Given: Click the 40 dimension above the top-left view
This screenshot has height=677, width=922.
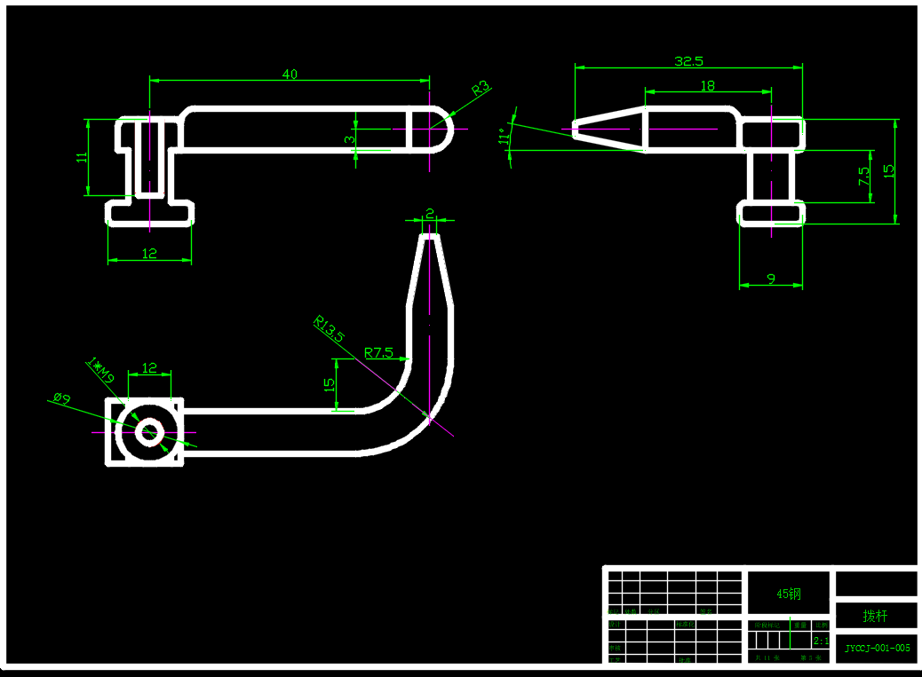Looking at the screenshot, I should (290, 75).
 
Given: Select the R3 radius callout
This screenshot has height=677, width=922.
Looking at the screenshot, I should (481, 88).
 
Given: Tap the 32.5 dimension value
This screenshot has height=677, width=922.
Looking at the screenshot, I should (688, 61).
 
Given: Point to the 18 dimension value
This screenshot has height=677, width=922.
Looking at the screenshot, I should (708, 86).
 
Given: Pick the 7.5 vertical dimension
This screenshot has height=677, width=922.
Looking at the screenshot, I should (863, 176).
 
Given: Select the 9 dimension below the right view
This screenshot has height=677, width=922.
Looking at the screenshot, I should (770, 279).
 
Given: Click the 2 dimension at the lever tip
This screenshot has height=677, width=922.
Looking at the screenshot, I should (430, 213).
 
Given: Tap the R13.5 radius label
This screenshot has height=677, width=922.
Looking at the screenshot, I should (329, 328).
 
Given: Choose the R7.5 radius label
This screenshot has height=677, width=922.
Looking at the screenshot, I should (378, 352).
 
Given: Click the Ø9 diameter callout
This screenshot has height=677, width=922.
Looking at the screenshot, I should (61, 399).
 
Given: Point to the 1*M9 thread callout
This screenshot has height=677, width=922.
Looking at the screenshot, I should (101, 371).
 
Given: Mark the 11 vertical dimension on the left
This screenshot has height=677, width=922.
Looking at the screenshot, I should (82, 157).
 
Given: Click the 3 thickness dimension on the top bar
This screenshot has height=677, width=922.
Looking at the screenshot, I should (350, 138).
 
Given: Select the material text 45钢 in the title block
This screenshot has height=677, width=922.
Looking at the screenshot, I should (789, 594).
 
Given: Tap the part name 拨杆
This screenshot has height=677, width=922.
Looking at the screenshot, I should (875, 615).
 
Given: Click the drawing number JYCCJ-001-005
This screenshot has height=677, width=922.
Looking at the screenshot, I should (877, 648).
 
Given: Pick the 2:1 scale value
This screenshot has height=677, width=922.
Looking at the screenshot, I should (821, 640).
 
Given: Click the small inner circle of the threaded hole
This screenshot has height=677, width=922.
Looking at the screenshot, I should (148, 432).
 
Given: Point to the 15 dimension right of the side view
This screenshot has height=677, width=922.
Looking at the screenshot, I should (889, 169).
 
